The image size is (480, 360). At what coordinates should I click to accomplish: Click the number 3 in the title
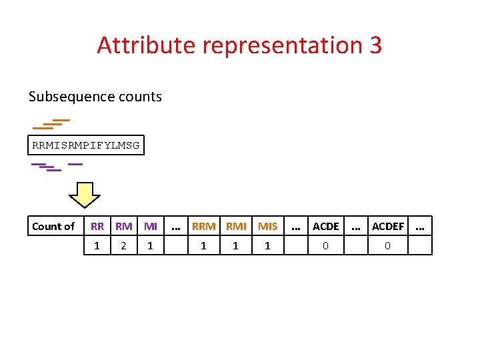click(375, 45)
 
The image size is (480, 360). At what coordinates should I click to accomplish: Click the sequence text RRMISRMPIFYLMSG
click(86, 145)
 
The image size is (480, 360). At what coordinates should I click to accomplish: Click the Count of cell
click(53, 226)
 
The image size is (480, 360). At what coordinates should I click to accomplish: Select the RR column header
click(97, 226)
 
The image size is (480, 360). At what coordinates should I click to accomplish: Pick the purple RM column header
click(123, 226)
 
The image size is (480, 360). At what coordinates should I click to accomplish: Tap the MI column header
click(150, 226)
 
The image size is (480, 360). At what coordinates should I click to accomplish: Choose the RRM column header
click(203, 226)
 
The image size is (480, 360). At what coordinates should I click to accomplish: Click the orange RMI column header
click(236, 226)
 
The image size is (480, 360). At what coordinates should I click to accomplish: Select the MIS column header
click(267, 226)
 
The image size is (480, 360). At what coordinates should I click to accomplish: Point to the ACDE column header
click(325, 226)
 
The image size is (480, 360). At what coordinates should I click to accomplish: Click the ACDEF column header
click(388, 226)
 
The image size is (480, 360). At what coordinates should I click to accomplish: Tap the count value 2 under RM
click(123, 246)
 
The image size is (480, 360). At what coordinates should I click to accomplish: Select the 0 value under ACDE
click(325, 246)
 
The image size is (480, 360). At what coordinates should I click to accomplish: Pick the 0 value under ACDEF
click(388, 246)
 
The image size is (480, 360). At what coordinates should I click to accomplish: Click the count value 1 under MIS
click(267, 246)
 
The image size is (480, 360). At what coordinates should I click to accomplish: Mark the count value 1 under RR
click(97, 246)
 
